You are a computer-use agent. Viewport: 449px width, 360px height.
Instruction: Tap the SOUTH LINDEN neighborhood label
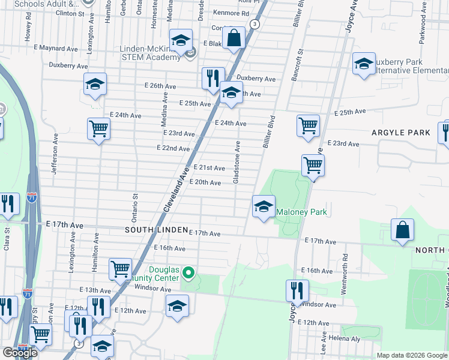pos(155,230)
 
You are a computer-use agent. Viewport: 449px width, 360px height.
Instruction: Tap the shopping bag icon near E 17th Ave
pos(402,230)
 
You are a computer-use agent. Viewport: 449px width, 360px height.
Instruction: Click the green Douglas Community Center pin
pos(188,274)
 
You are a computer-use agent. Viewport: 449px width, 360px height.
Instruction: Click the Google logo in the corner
pos(20,353)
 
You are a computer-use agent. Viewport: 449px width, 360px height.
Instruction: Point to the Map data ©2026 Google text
pos(412,355)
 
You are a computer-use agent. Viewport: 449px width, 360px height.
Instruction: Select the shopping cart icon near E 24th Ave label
pos(98,128)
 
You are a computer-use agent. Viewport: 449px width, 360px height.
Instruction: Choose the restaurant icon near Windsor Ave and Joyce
pos(297,292)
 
